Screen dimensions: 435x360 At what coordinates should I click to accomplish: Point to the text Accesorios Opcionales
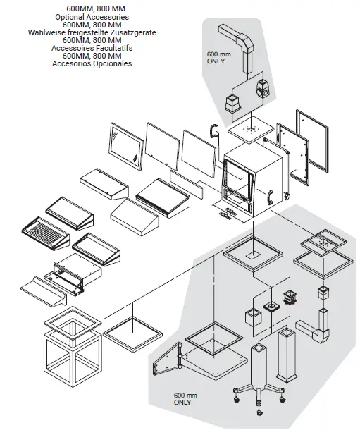(x=92, y=64)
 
